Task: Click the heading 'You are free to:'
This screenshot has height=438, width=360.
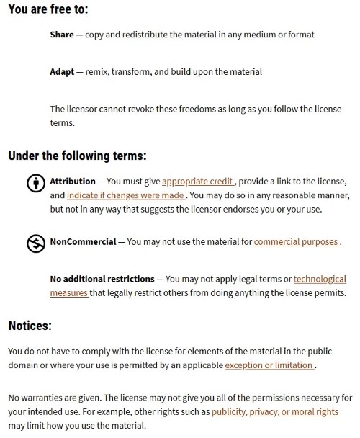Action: click(49, 10)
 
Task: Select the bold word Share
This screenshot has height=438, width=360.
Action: click(63, 35)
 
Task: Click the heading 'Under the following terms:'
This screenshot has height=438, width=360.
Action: click(77, 155)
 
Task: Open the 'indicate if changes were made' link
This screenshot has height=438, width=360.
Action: click(127, 195)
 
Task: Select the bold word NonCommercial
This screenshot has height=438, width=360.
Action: click(83, 242)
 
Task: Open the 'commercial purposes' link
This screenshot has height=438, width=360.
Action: click(296, 242)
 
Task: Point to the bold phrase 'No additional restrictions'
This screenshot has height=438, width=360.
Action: click(102, 279)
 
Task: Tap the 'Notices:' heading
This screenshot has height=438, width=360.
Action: click(30, 326)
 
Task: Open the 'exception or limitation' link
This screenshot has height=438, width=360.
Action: click(269, 365)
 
